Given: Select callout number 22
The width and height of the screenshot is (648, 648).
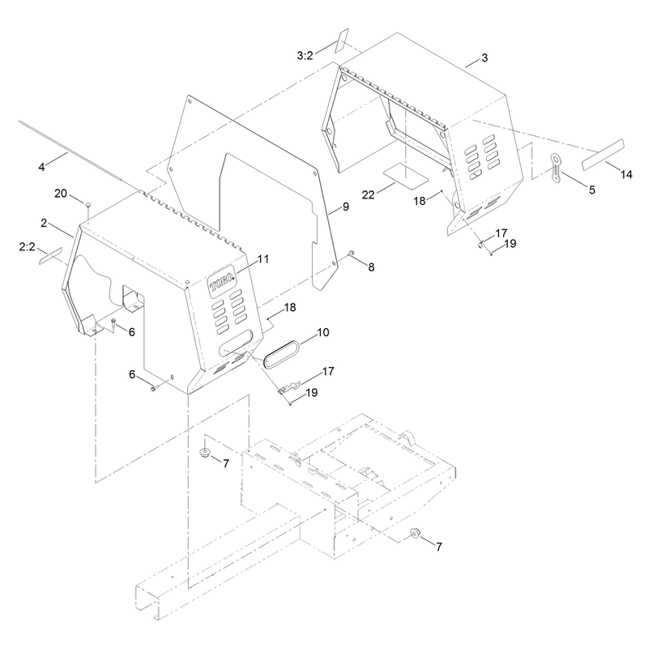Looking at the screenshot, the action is tap(369, 194).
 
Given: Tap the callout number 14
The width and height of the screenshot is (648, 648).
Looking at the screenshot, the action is tap(626, 174).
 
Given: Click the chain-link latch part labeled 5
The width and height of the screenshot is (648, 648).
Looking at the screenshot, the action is tap(556, 168).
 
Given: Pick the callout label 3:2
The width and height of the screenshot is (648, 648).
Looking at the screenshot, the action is tap(305, 55).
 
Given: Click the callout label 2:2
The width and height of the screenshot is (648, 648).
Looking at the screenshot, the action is tap(27, 247).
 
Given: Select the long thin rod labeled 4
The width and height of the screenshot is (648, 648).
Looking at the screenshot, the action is tap(70, 151).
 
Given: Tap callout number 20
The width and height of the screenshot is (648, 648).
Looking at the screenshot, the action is tap(61, 193).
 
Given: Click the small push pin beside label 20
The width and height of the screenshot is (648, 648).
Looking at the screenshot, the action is tap(87, 205).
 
